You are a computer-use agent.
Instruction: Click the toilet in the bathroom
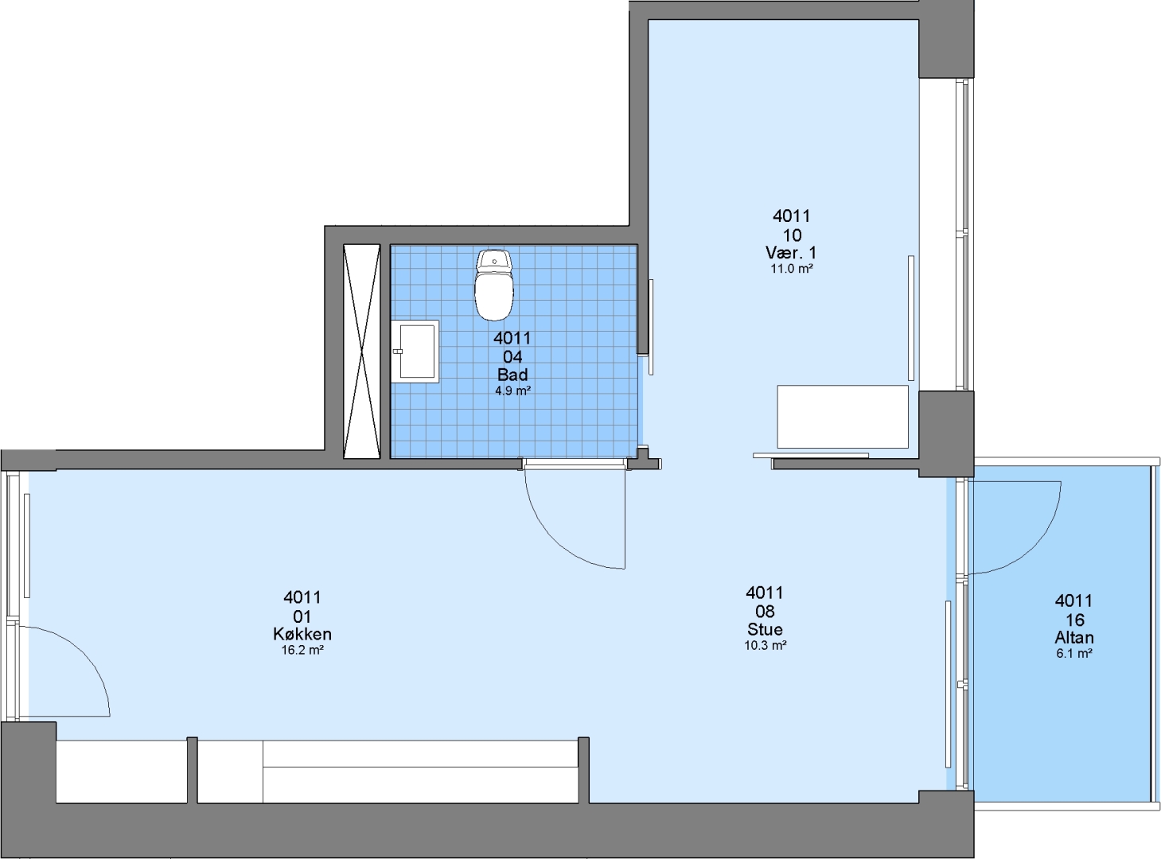(x=493, y=285)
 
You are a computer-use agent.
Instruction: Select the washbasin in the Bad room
(x=415, y=351)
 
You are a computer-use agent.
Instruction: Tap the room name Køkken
(x=302, y=634)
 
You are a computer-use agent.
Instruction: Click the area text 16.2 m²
(x=302, y=651)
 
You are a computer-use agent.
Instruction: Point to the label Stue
(x=765, y=629)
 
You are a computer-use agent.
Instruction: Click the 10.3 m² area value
(x=766, y=646)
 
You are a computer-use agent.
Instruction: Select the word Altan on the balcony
(x=1074, y=638)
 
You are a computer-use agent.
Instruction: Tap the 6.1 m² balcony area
(x=1074, y=654)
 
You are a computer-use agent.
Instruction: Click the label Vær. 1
(x=791, y=253)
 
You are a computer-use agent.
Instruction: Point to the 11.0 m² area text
(x=792, y=269)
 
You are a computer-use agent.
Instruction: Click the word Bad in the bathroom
(x=512, y=375)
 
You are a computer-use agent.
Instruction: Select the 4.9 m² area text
(x=513, y=391)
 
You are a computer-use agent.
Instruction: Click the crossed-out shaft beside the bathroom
(x=362, y=352)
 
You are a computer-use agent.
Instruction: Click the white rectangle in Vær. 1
(x=843, y=417)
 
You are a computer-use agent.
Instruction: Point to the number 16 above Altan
(x=1074, y=620)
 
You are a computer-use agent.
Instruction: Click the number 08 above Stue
(x=765, y=611)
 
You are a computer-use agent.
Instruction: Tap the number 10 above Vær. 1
(x=792, y=235)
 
